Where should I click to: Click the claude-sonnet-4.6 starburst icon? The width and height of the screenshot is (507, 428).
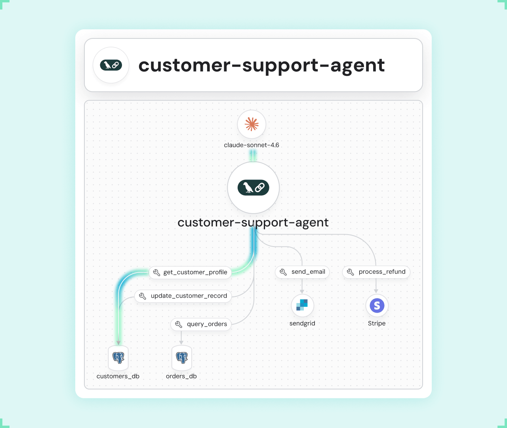[252, 124]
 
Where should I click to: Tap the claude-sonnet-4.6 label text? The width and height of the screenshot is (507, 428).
[252, 145]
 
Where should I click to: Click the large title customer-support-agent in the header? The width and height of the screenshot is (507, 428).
[261, 65]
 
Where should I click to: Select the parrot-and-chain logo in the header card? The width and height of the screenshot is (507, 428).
[111, 65]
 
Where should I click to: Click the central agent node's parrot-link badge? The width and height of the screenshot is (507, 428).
[253, 187]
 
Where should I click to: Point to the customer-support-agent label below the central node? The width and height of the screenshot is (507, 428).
[253, 223]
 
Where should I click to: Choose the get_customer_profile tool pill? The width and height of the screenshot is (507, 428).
[191, 272]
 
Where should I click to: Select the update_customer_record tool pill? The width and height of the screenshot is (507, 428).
[183, 296]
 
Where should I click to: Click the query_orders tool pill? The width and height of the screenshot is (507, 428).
[201, 324]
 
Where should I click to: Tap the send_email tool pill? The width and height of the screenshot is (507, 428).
[302, 272]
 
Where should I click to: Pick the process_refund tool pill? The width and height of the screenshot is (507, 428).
[376, 272]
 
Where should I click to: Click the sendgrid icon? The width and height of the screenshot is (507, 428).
[302, 305]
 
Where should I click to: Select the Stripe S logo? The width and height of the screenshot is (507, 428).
[377, 306]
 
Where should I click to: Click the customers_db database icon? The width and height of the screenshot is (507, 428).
[118, 358]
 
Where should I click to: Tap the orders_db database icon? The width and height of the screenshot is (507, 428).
[181, 358]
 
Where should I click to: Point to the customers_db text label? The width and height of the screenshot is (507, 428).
[118, 376]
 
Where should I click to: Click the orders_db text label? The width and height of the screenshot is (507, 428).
[181, 376]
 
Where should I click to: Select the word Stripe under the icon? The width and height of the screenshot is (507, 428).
[377, 323]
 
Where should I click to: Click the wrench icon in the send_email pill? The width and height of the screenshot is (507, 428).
[283, 272]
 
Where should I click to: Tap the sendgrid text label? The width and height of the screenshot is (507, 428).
[302, 323]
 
